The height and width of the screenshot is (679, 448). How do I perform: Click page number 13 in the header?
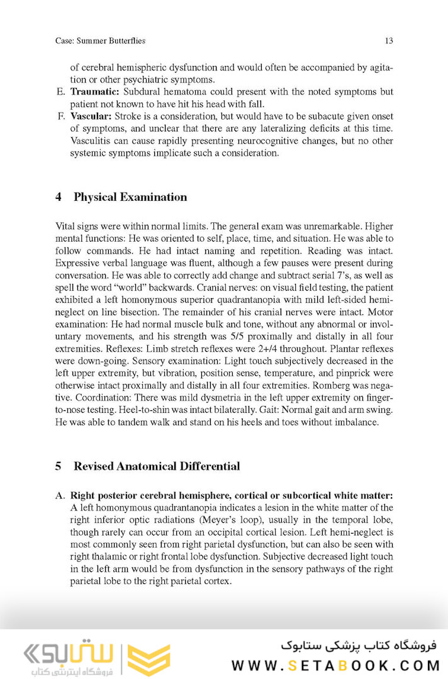point(388,41)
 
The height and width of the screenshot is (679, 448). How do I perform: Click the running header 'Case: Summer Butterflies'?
point(100,41)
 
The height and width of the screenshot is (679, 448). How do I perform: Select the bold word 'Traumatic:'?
point(90,92)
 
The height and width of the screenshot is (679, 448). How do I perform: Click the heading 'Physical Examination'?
point(130,197)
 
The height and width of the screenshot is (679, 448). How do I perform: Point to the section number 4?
point(59,197)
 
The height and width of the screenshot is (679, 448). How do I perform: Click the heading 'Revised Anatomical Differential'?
point(157,466)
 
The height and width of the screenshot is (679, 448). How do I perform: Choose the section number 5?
point(59,466)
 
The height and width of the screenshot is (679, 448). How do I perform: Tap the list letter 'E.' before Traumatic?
point(61,92)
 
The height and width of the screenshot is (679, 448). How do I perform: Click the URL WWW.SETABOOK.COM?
point(334,665)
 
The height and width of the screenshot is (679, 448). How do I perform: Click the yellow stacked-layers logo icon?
point(148,658)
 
